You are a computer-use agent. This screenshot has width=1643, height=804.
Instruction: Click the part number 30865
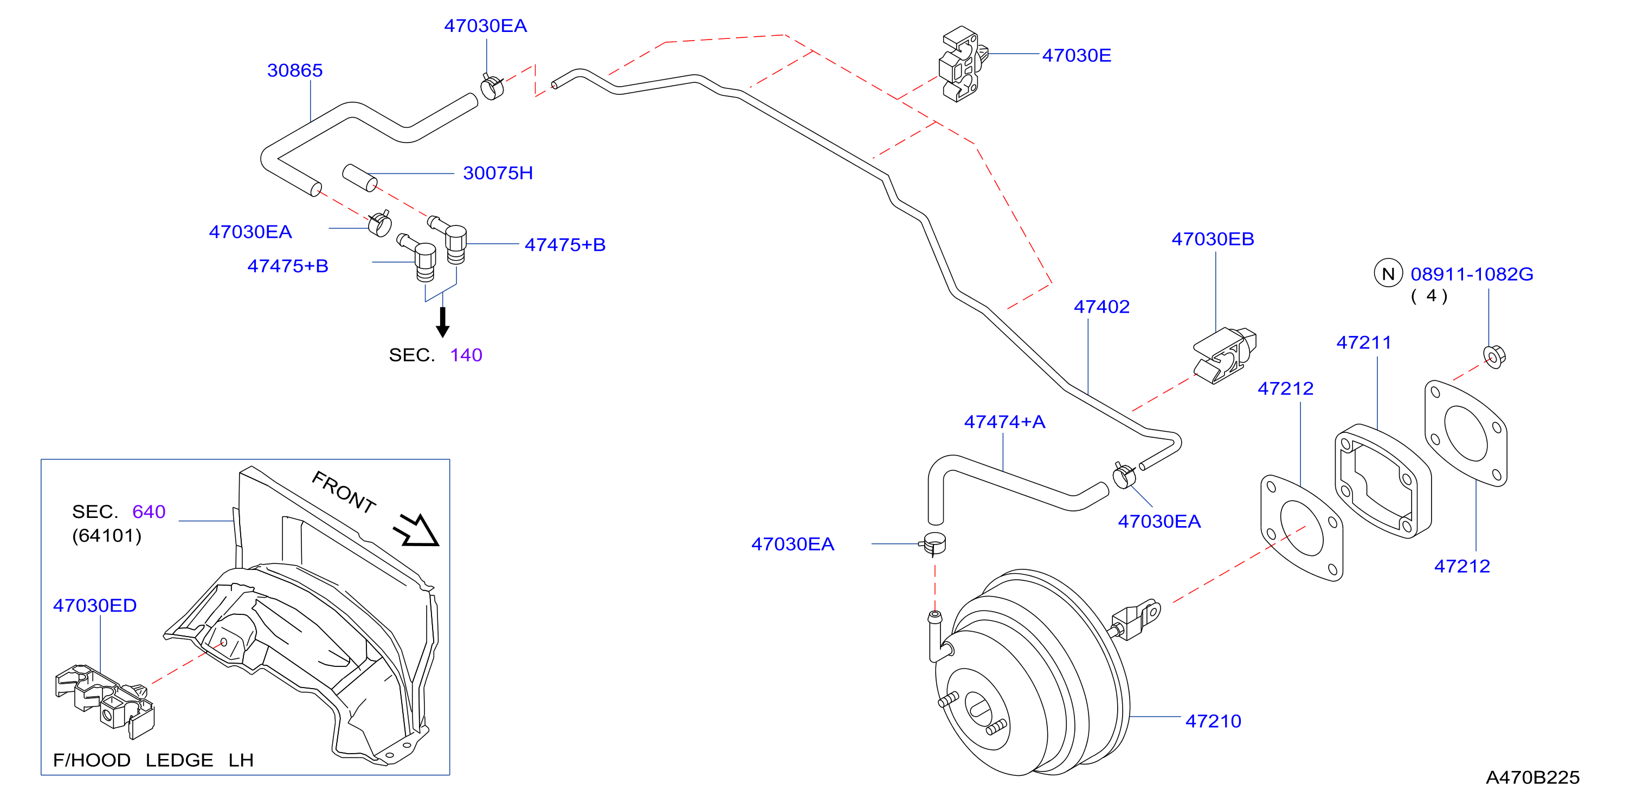click(x=295, y=70)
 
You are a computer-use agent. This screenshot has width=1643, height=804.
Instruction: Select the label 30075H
click(x=498, y=173)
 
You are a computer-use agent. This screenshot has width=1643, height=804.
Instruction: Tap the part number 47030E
click(x=1077, y=55)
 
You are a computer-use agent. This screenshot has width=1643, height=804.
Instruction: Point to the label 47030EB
click(x=1213, y=239)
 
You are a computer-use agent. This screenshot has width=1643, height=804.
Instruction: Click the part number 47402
click(x=1101, y=307)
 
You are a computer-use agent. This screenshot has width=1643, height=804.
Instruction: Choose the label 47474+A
click(x=1004, y=422)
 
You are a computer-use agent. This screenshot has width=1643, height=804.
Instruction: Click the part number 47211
click(x=1364, y=342)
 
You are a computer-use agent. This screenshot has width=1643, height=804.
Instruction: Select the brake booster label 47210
click(x=1213, y=721)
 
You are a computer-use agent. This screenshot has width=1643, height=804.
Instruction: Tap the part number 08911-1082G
click(x=1472, y=274)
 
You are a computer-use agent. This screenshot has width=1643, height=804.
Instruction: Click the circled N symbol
click(x=1388, y=274)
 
